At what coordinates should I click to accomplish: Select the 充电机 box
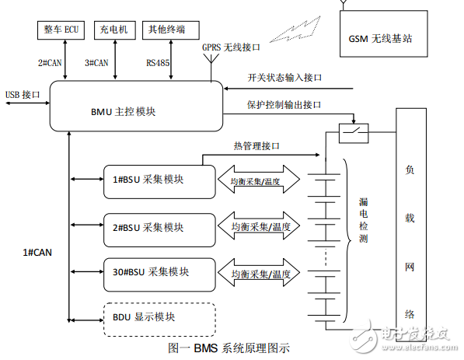[114, 30]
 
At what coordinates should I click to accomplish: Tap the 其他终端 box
[166, 30]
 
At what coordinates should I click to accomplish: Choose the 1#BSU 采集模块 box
[159, 180]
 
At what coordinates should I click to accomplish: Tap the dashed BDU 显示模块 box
[159, 317]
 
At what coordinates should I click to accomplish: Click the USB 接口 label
[23, 95]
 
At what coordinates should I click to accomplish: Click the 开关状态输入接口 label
[284, 79]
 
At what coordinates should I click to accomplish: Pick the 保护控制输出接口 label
[284, 104]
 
